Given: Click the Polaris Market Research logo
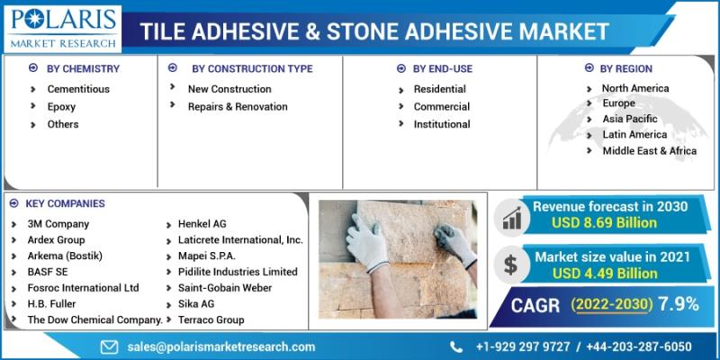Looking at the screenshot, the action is (63, 28).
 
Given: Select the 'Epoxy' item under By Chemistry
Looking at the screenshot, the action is (61, 107).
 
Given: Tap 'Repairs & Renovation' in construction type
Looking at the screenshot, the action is (238, 106).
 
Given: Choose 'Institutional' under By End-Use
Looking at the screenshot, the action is (442, 124).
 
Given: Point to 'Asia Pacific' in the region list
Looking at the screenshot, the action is (630, 119).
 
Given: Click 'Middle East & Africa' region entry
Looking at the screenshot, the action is (650, 150).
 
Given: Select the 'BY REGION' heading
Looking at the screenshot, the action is (625, 69).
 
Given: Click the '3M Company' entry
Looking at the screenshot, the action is (58, 224).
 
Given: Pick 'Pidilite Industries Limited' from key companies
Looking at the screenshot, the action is (238, 272).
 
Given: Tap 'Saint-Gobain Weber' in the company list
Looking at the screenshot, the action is (225, 288).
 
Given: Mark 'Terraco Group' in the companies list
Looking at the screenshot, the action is (211, 319).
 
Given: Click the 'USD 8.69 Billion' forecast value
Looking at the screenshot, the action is (604, 223).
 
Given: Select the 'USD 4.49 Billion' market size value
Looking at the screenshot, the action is (605, 274).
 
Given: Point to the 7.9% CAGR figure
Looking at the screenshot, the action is (679, 304).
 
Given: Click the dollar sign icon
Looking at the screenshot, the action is (510, 265).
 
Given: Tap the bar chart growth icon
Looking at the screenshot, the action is (511, 218).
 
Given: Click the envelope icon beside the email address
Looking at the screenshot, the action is (109, 346).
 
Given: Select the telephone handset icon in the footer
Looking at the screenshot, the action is (456, 346).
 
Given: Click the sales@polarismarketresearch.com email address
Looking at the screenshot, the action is (221, 346).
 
